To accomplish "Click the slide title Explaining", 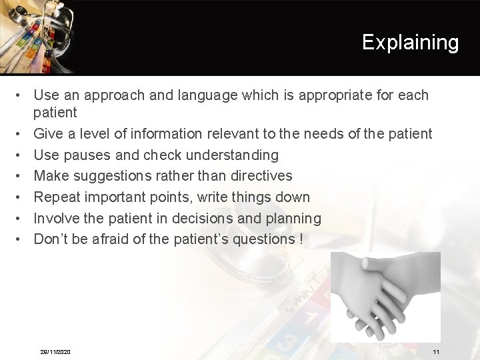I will click(410, 43).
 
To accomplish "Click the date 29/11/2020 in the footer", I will click(55, 351).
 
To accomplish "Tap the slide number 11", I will click(436, 351).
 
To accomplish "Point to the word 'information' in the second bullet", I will click(166, 134).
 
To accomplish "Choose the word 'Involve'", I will click(57, 219).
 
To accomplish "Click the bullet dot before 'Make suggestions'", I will click(21, 177).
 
